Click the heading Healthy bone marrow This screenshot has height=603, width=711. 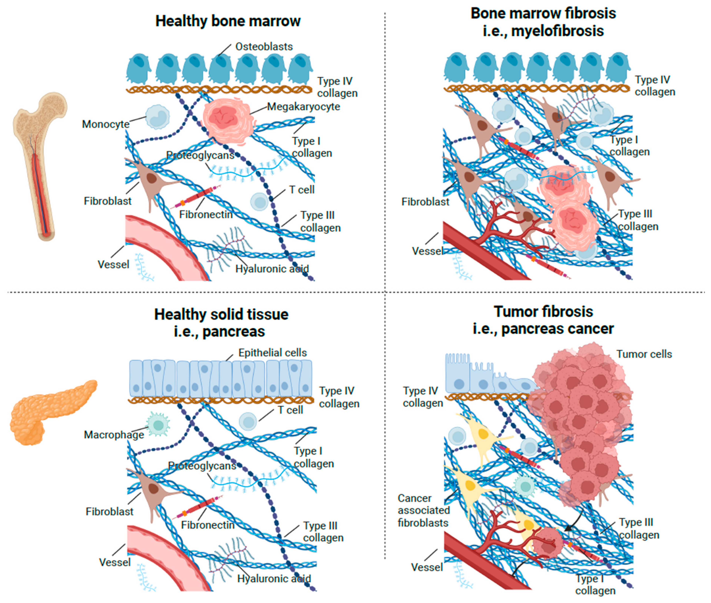pyautogui.click(x=228, y=21)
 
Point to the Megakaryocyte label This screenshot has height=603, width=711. pyautogui.click(x=303, y=107)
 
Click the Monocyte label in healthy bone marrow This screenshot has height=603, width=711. pyautogui.click(x=106, y=124)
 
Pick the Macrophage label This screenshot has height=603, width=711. pyautogui.click(x=114, y=435)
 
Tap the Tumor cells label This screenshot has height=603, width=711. pyautogui.click(x=644, y=354)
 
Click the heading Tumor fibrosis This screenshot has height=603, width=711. pyautogui.click(x=543, y=312)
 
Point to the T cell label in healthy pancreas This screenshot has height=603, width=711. pyautogui.click(x=290, y=410)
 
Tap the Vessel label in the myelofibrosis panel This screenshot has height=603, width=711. pyautogui.click(x=427, y=251)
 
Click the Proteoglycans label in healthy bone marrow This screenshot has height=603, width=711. pyautogui.click(x=200, y=156)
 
